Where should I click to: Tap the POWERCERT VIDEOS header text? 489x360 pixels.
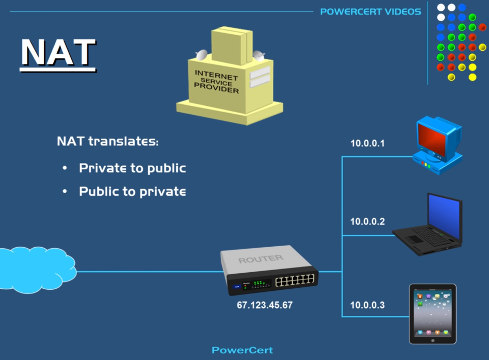pos(371,12)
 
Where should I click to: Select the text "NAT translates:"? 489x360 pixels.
pos(108,141)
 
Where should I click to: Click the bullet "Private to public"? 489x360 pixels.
pos(132,168)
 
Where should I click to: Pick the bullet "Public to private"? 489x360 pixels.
pos(132,191)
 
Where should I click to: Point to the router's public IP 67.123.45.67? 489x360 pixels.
pos(265,305)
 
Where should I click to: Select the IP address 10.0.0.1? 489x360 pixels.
pos(367,143)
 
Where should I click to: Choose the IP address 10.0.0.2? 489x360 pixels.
pos(367,221)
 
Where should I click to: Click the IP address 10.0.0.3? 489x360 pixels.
pos(367,305)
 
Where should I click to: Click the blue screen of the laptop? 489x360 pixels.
pos(444,216)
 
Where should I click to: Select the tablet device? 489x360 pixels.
pos(433,314)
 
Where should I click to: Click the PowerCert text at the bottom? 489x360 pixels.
pos(242,350)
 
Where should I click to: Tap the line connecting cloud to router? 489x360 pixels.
pos(149,272)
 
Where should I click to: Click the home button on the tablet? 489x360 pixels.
pos(433,341)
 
